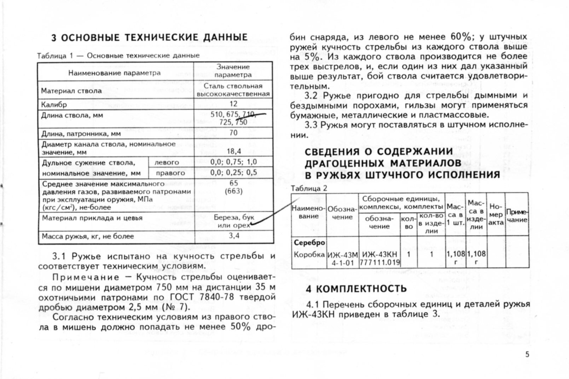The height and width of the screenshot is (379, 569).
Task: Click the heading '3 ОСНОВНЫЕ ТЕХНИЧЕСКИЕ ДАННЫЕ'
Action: pos(149,38)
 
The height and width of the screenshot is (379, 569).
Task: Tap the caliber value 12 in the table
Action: pos(233,104)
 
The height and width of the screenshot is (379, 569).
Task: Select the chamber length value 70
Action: pos(233,133)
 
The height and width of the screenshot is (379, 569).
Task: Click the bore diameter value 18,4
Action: pos(233,151)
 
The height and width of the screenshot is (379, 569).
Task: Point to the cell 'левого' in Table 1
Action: pos(167,162)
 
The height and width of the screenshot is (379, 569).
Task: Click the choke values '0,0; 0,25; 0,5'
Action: pos(233,173)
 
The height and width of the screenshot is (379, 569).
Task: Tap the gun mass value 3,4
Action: pos(234,235)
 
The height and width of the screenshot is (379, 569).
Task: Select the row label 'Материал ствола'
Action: pos(71,91)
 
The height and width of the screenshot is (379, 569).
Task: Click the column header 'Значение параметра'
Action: pos(233,70)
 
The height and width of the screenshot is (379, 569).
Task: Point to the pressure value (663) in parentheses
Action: pos(234,191)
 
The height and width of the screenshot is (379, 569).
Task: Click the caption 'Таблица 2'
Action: pos(309,188)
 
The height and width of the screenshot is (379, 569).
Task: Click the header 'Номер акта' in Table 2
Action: pos(496,214)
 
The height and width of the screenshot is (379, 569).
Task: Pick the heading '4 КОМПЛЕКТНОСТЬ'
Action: pos(356,289)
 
